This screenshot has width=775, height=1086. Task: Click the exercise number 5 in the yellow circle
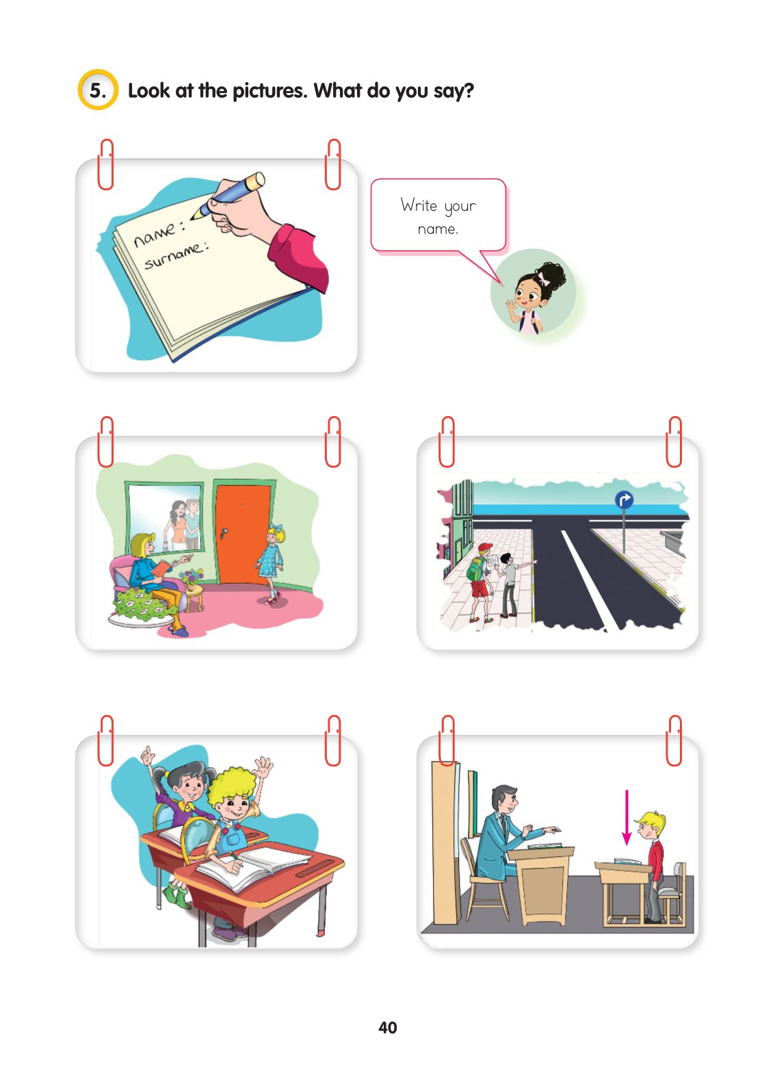[x=97, y=90]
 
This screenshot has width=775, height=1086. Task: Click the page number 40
[x=387, y=1027]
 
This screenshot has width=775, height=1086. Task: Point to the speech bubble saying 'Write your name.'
[x=438, y=216]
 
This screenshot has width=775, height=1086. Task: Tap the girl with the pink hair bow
[x=532, y=297]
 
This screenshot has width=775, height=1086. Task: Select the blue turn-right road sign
[x=624, y=500]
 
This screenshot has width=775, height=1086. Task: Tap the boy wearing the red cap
[x=480, y=582]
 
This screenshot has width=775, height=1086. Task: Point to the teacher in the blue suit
[x=510, y=832]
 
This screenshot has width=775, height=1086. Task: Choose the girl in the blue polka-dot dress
[x=271, y=563]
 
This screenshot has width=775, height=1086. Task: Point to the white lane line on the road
[x=588, y=579]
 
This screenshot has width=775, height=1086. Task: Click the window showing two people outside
[x=166, y=517]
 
